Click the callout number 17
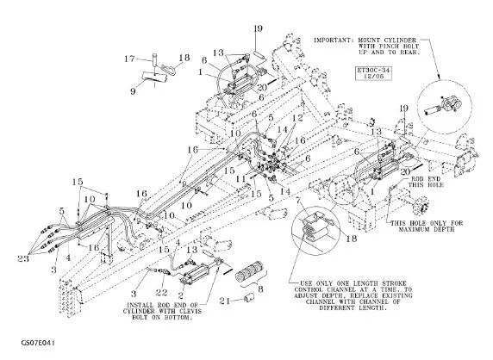[x=129, y=59]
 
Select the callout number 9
[x=133, y=91]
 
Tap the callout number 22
[x=162, y=293]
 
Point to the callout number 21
[x=224, y=301]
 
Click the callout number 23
[x=23, y=258]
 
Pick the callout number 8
[x=260, y=289]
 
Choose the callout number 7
[x=299, y=201]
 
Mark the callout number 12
[x=297, y=118]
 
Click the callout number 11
[x=240, y=179]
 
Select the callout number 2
[x=180, y=295]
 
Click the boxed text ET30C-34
[x=373, y=70]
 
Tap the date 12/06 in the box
[x=373, y=76]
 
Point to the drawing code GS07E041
[x=38, y=343]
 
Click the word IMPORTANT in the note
[x=332, y=40]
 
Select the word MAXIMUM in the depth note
[x=414, y=229]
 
